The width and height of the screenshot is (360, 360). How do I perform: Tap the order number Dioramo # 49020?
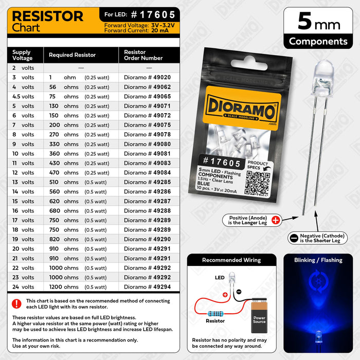coord(147,77)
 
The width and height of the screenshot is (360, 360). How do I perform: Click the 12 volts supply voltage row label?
coord(23,173)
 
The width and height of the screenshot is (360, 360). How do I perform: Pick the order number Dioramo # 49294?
coord(147,287)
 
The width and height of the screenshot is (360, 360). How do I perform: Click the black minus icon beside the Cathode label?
coord(294,238)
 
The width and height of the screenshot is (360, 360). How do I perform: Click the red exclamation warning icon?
coord(17,303)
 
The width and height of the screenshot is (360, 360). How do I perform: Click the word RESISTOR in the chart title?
coord(47,16)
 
